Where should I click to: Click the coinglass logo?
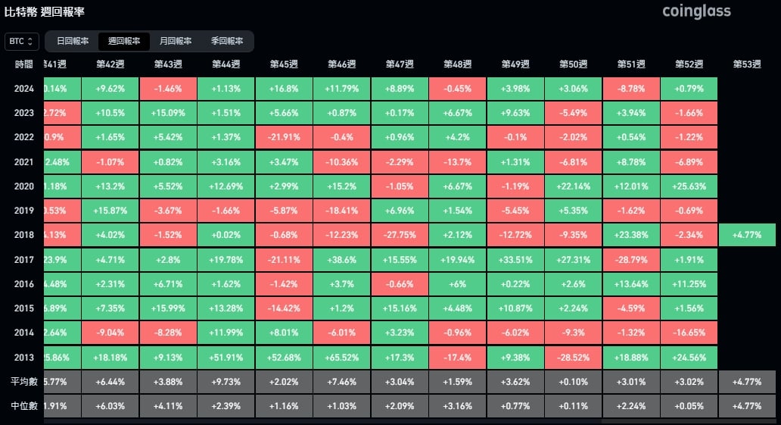[x=696, y=11]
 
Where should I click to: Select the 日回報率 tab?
[x=73, y=41]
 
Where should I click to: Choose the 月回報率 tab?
[x=176, y=41]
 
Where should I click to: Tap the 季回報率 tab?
[x=227, y=41]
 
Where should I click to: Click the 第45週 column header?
[x=284, y=64]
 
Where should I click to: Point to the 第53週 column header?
[x=748, y=64]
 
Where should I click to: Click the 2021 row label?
[x=23, y=162]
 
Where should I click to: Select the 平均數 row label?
[x=23, y=381]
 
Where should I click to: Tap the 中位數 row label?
[x=23, y=405]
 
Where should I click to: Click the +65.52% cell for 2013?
[x=342, y=358]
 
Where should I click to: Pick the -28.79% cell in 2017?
[x=630, y=260]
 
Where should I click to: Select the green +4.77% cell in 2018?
[x=748, y=235]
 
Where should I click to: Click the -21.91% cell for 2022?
[x=284, y=138]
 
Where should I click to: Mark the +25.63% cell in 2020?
[x=689, y=186]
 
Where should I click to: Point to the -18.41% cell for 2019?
[x=342, y=211]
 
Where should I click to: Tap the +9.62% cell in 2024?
[x=110, y=89]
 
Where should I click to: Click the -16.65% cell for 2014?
[x=689, y=333]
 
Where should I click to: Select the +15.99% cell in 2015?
[x=168, y=308]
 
